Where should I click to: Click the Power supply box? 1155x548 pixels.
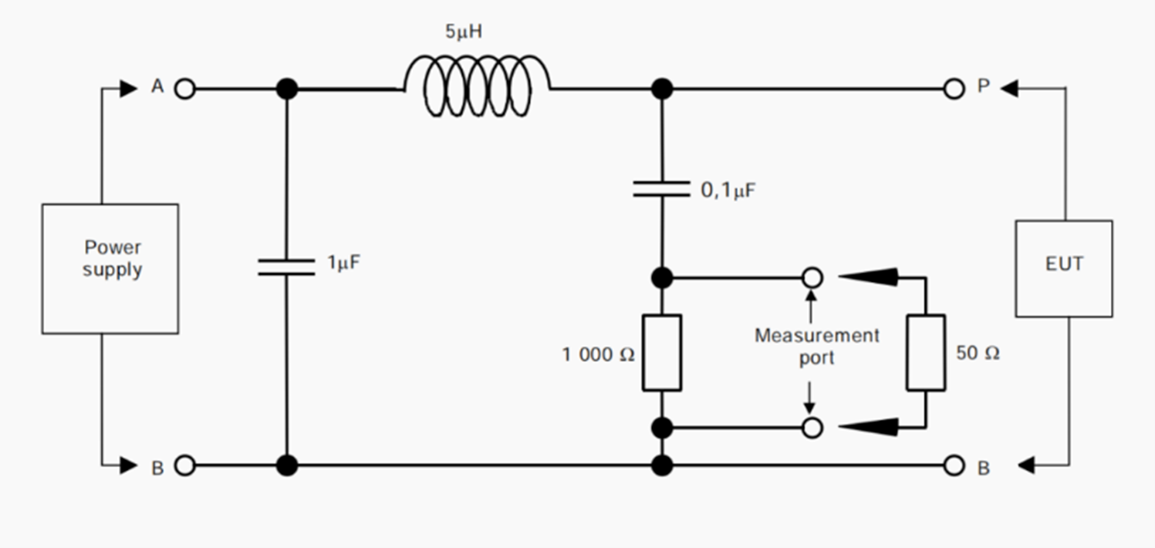[x=110, y=269]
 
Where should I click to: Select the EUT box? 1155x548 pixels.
[x=1064, y=269]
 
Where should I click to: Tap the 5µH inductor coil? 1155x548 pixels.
[x=477, y=87]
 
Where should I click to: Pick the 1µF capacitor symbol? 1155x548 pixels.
[x=286, y=266]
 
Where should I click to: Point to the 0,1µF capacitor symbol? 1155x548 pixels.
[x=661, y=189]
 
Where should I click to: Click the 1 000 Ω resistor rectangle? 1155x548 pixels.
[x=661, y=353]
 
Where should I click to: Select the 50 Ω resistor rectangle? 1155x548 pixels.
[x=926, y=353]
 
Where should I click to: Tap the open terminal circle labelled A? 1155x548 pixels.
[x=184, y=89]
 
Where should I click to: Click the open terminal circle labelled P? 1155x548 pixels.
[x=954, y=89]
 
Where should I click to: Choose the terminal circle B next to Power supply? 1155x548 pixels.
[x=184, y=465]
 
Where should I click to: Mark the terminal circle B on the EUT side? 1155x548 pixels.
[x=954, y=465]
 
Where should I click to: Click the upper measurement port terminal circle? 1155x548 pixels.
[x=812, y=277]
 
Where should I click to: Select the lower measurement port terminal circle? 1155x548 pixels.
[x=812, y=427]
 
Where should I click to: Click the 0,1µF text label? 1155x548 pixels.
[x=728, y=191]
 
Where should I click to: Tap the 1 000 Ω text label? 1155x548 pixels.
[x=598, y=355]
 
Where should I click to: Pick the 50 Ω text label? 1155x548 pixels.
[x=978, y=354]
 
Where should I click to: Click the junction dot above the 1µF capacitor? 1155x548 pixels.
[x=286, y=89]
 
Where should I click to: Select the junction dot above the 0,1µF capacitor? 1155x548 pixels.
[x=661, y=89]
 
